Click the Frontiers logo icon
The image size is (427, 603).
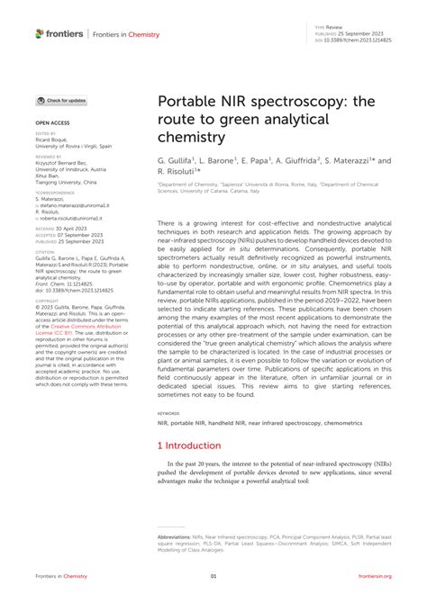click(x=40, y=33)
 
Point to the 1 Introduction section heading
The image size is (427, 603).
click(x=189, y=445)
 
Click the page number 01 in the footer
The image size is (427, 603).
click(x=213, y=575)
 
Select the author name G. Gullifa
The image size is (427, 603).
click(x=178, y=160)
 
